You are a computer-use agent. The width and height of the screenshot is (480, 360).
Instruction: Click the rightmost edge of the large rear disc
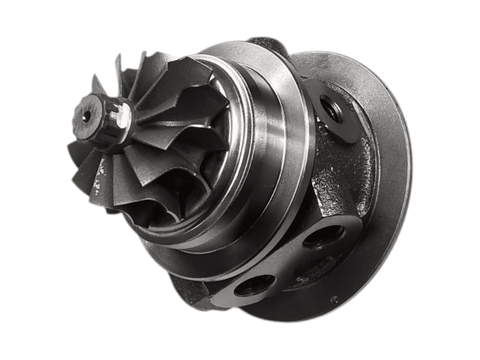pos(410,170)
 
